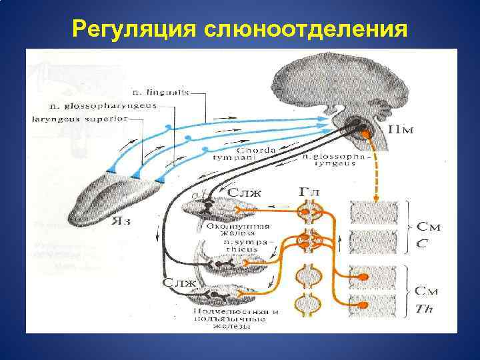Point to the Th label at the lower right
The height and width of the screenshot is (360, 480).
tap(423, 307)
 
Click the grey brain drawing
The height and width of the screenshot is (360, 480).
tap(333, 87)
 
